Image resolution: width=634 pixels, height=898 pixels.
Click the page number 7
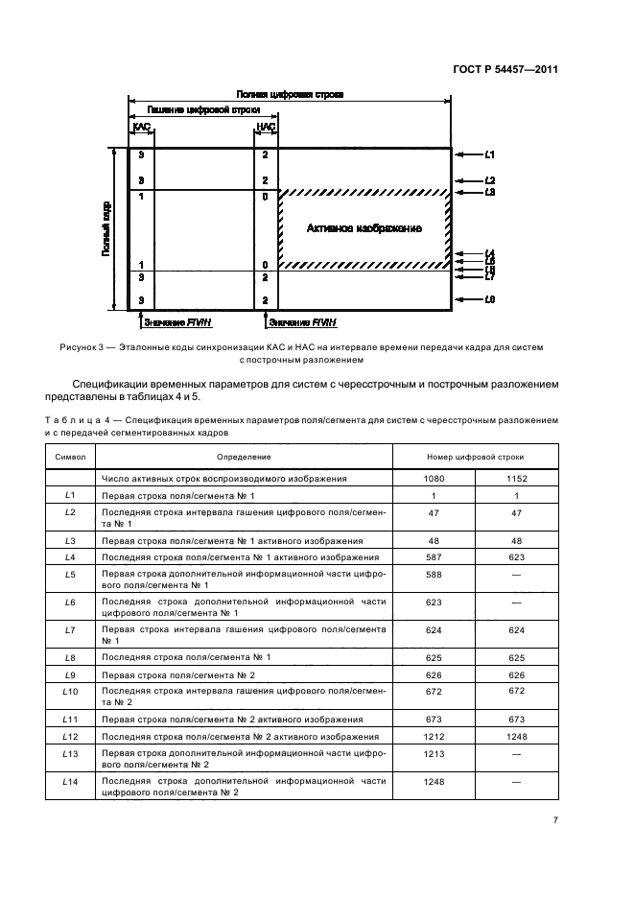[555, 820]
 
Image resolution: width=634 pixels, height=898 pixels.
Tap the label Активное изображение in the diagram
[364, 228]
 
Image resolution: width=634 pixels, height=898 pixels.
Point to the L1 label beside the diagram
[489, 154]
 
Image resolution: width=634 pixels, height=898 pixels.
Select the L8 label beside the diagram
[489, 300]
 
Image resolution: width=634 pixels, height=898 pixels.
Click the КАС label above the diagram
[141, 126]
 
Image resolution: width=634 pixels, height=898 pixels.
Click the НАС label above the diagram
[266, 126]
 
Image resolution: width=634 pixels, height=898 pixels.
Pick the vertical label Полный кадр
[106, 228]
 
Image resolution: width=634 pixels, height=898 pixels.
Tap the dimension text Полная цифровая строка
[290, 95]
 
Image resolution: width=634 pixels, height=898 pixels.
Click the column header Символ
[70, 457]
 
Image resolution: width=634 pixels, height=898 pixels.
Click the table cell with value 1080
[434, 478]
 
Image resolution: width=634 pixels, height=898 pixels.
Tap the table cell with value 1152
[517, 478]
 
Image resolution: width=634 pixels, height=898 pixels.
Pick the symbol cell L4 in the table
[70, 556]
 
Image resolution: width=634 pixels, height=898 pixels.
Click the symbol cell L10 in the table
[70, 692]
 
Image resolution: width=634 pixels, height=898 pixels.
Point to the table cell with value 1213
[434, 755]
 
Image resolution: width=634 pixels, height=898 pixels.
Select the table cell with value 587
[434, 556]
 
